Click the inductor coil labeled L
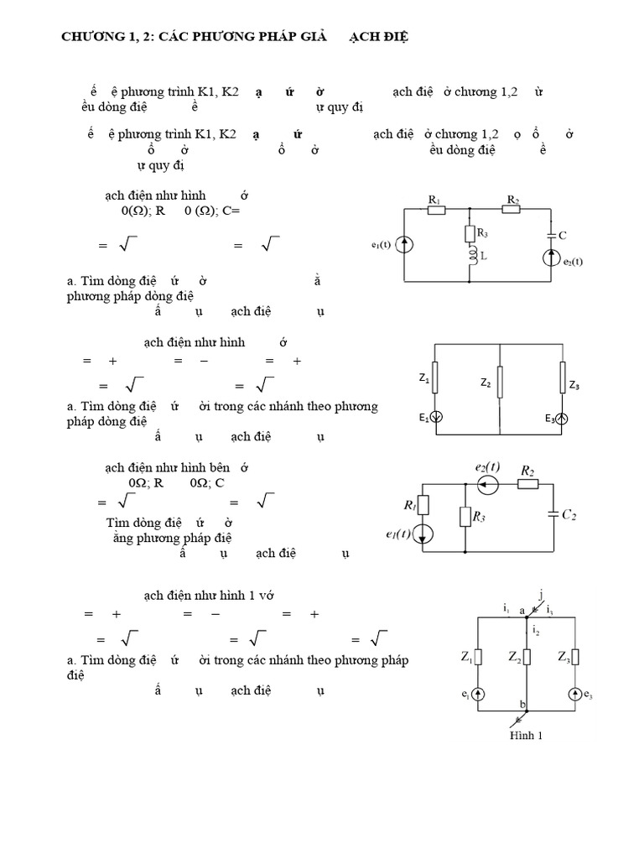click(471, 254)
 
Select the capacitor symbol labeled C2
click(553, 514)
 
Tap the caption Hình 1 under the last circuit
click(527, 737)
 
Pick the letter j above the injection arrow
click(541, 594)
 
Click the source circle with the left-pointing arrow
click(487, 484)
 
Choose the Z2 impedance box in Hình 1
click(526, 657)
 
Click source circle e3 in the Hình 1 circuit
click(575, 694)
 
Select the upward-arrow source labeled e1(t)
click(405, 245)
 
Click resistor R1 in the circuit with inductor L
click(435, 209)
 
